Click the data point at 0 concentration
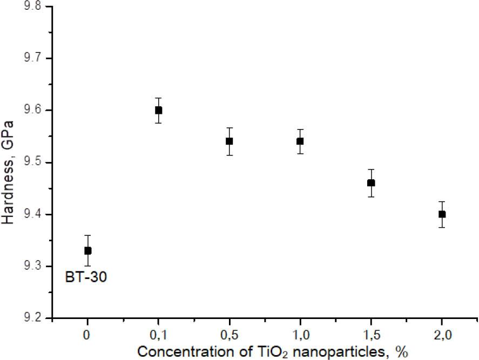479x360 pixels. click(x=87, y=250)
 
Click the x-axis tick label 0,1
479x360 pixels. click(x=158, y=335)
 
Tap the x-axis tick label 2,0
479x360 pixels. click(x=442, y=335)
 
